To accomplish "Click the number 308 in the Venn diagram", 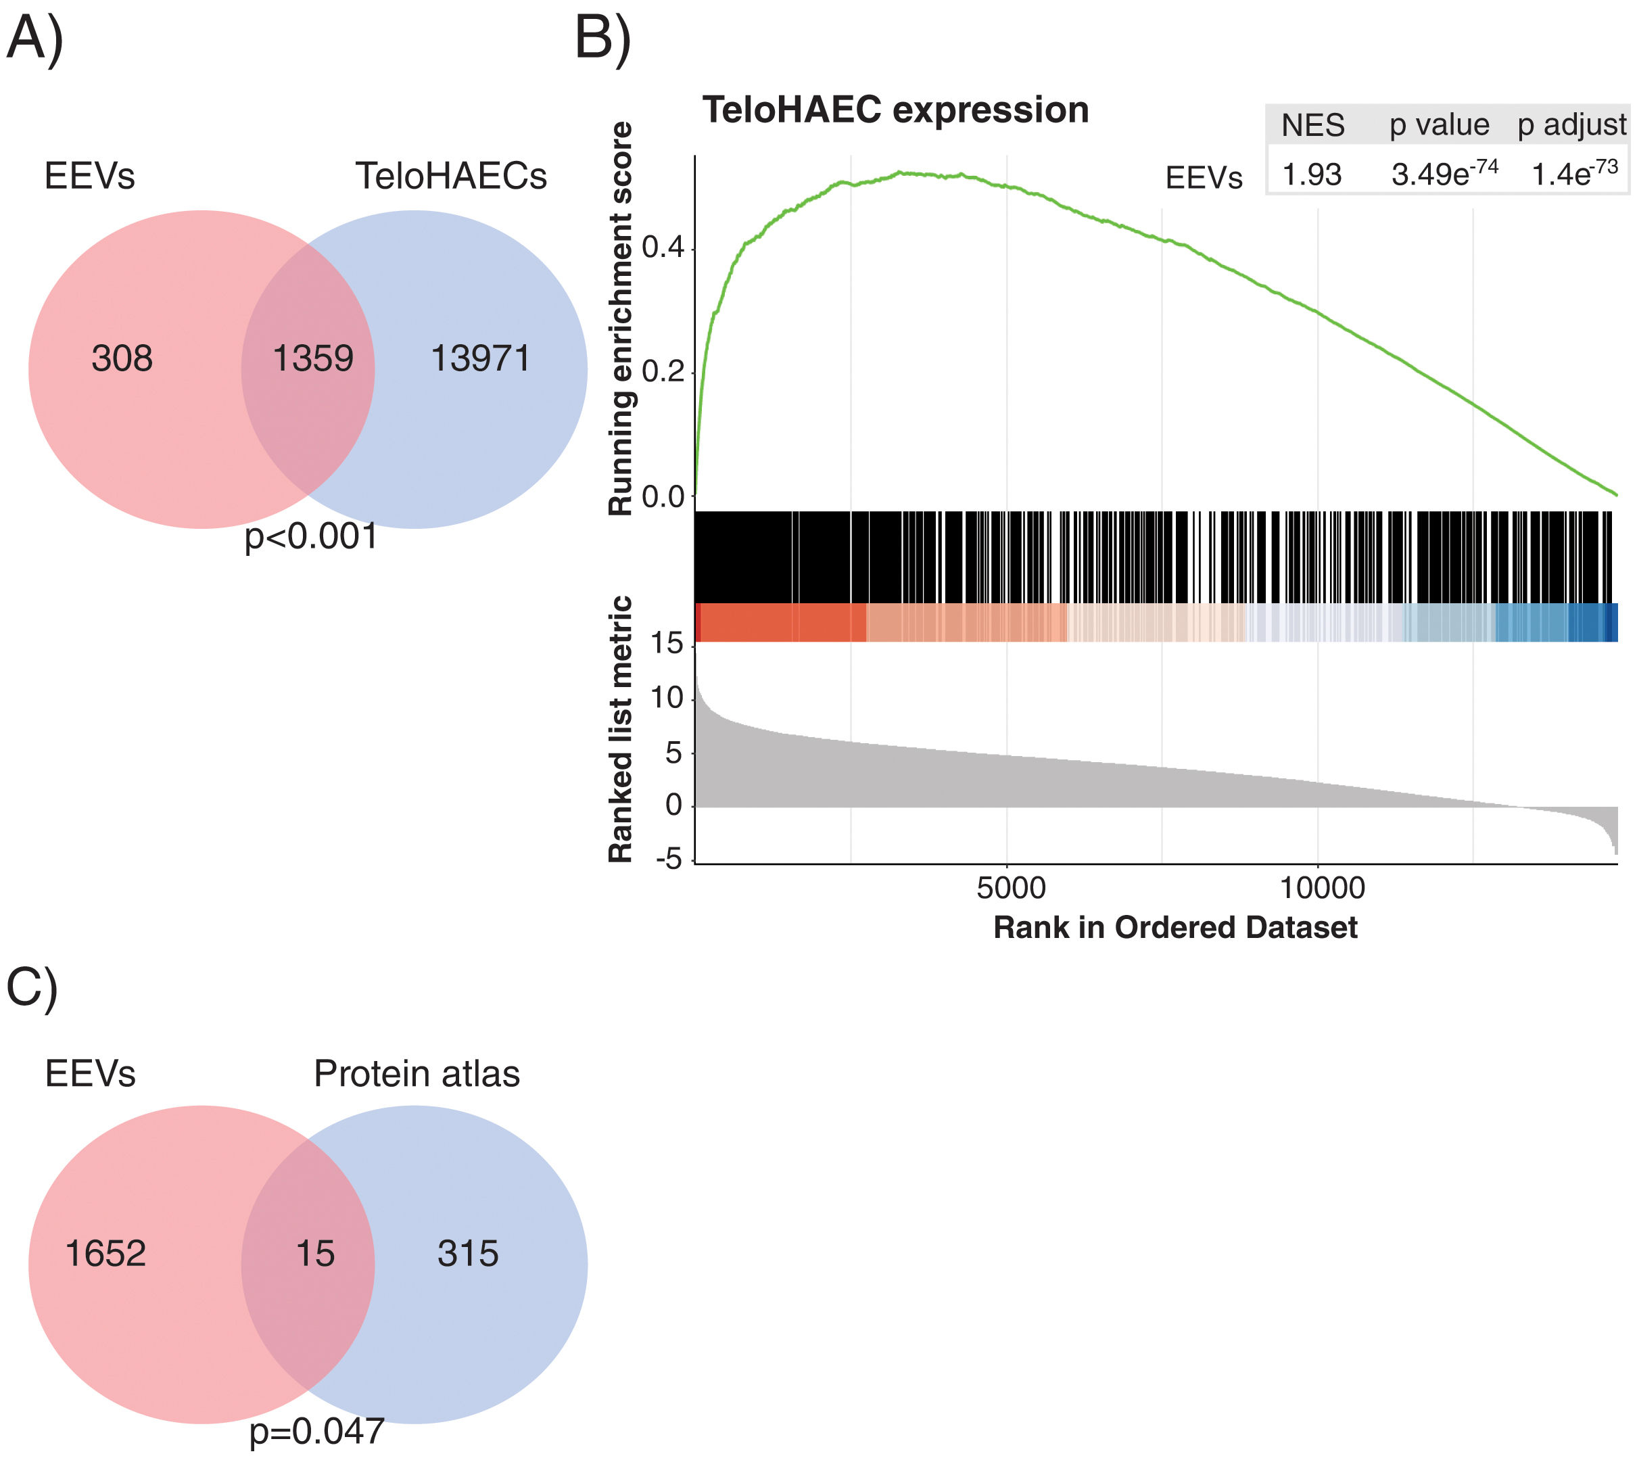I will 122,358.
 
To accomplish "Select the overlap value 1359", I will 312,358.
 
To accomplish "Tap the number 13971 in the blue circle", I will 481,358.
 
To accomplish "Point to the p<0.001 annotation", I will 311,537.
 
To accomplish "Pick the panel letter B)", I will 602,38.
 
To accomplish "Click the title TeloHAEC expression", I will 895,110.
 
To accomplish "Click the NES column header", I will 1312,125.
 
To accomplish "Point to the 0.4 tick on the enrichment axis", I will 663,248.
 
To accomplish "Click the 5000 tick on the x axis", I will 1011,888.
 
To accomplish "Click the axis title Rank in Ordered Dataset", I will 1175,928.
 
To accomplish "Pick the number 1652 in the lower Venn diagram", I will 105,1254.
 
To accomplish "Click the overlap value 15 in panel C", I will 314,1254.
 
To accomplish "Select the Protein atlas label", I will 417,1073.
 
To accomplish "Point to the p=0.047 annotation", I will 316,1432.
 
